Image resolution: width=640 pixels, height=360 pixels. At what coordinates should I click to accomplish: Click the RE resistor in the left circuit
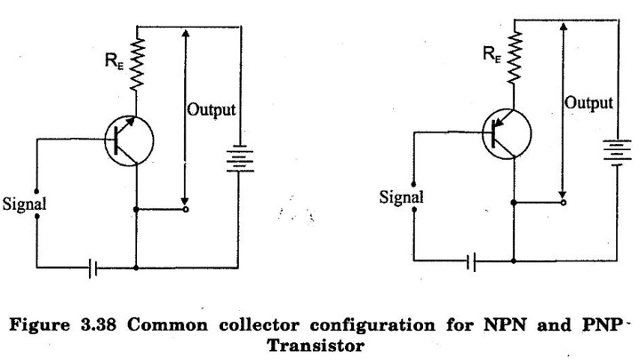[x=137, y=64]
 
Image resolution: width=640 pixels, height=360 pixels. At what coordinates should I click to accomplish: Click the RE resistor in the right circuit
[x=515, y=58]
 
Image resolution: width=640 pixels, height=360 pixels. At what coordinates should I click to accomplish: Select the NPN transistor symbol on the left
[x=129, y=140]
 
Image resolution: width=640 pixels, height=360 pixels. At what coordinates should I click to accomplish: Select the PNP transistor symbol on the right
[x=507, y=134]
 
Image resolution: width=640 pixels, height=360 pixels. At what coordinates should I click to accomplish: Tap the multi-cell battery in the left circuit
[x=240, y=158]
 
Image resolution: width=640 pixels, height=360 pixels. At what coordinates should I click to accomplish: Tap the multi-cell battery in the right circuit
[x=617, y=151]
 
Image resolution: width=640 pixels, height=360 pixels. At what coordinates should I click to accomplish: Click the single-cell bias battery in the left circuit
[x=92, y=268]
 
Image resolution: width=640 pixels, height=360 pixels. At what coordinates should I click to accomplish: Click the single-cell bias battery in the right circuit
[x=470, y=262]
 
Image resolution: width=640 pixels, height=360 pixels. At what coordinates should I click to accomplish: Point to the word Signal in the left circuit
[x=25, y=204]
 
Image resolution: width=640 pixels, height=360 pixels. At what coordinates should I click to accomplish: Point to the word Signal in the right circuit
[x=402, y=197]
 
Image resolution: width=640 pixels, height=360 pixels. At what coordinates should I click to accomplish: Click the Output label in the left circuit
[x=212, y=110]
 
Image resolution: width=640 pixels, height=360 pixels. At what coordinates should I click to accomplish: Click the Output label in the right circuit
[x=588, y=103]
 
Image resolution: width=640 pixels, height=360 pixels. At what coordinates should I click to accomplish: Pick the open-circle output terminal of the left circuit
[x=186, y=210]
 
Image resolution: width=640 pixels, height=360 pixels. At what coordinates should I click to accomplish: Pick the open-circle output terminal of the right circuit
[x=564, y=203]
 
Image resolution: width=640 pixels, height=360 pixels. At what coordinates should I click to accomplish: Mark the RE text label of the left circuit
[x=115, y=61]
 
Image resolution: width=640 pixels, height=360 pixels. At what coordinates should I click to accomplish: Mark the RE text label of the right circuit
[x=492, y=54]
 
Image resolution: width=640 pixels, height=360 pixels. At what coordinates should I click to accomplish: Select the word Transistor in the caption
[x=316, y=346]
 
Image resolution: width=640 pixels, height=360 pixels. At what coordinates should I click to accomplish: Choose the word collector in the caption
[x=259, y=325]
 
